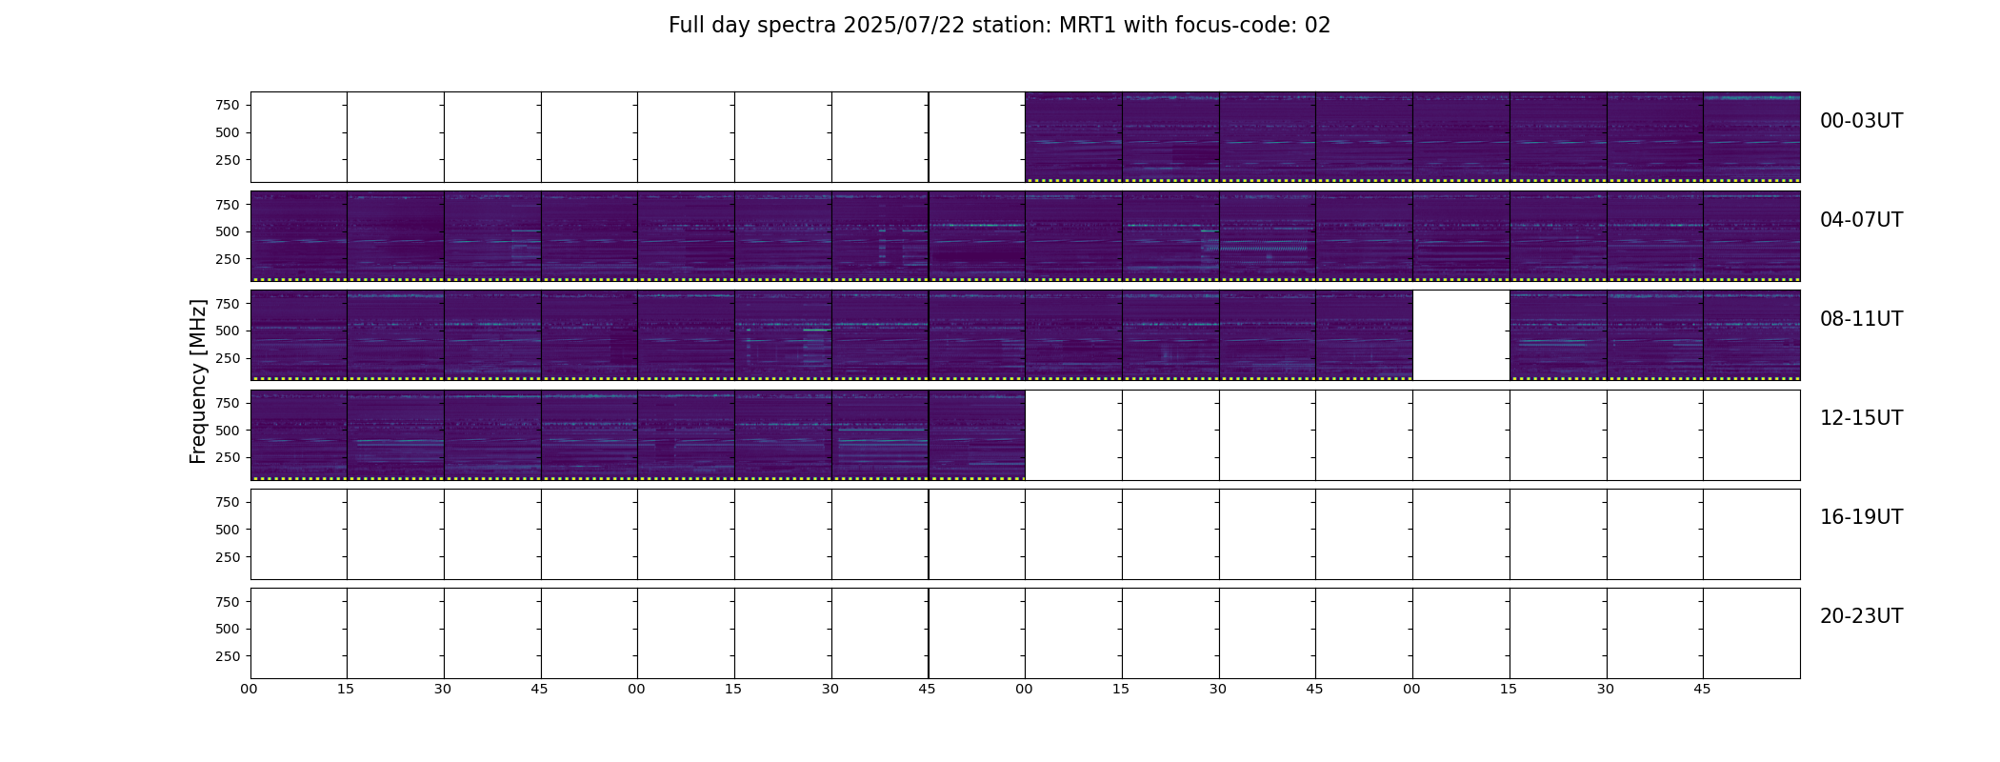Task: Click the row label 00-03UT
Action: (1861, 121)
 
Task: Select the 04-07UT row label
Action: (1861, 220)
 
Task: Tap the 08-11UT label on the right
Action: (1861, 319)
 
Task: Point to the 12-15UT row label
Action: (1861, 418)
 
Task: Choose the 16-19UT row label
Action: (1861, 517)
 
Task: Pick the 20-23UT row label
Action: (1861, 616)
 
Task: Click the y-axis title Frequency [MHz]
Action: (198, 381)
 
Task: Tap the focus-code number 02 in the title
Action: (1317, 26)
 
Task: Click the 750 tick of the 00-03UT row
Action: (228, 105)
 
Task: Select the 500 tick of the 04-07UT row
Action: (228, 231)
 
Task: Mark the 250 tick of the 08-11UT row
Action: (228, 358)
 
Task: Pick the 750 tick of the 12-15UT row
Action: (228, 403)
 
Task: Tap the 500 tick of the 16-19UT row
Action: (228, 530)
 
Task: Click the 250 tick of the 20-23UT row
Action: (228, 656)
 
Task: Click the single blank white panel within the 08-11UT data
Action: (1461, 335)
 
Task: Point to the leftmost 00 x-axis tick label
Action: (250, 690)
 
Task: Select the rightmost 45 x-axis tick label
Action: (1702, 690)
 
